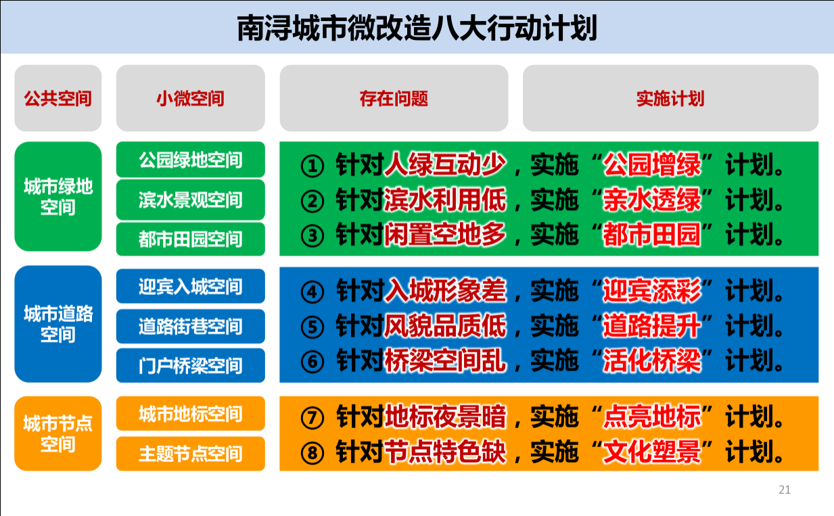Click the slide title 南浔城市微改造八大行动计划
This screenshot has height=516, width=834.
417,28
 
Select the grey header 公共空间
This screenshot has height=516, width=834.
58,98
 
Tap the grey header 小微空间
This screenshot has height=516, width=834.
191,98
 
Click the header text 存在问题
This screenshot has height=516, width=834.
394,99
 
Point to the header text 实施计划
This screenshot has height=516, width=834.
670,99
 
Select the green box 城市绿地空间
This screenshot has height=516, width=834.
58,197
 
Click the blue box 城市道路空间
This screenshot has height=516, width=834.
58,324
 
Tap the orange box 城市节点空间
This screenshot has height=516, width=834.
58,433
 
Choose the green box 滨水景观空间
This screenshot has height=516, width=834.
191,200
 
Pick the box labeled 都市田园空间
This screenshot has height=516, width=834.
191,239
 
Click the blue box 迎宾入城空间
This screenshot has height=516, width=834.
191,286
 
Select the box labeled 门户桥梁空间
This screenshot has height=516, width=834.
191,366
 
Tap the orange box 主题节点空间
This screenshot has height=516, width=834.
191,454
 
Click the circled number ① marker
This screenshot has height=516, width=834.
312,166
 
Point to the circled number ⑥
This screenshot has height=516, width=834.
312,362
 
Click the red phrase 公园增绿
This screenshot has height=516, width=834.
652,164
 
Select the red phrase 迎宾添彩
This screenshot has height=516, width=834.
652,290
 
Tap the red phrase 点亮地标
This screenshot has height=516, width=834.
652,417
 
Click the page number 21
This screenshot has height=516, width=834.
785,490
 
